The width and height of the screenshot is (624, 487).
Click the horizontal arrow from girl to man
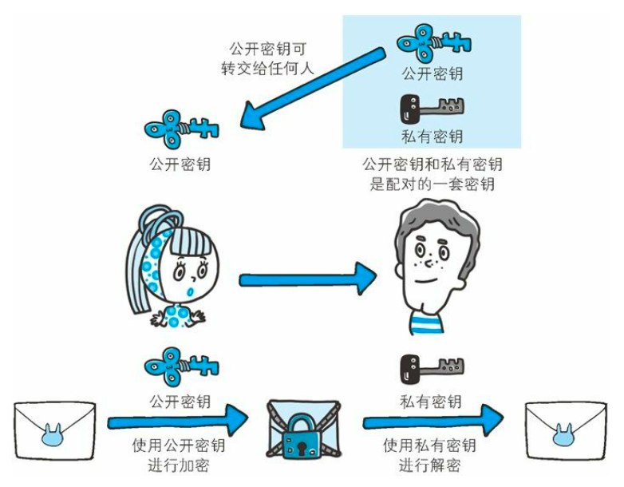click(x=307, y=279)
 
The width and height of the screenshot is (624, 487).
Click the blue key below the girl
click(x=180, y=366)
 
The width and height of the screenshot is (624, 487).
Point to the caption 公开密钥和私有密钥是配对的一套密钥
click(x=432, y=175)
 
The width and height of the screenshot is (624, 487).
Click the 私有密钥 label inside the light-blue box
click(x=432, y=136)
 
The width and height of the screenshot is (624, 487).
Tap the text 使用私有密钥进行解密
click(x=430, y=455)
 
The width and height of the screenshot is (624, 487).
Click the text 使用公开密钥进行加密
click(x=180, y=455)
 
